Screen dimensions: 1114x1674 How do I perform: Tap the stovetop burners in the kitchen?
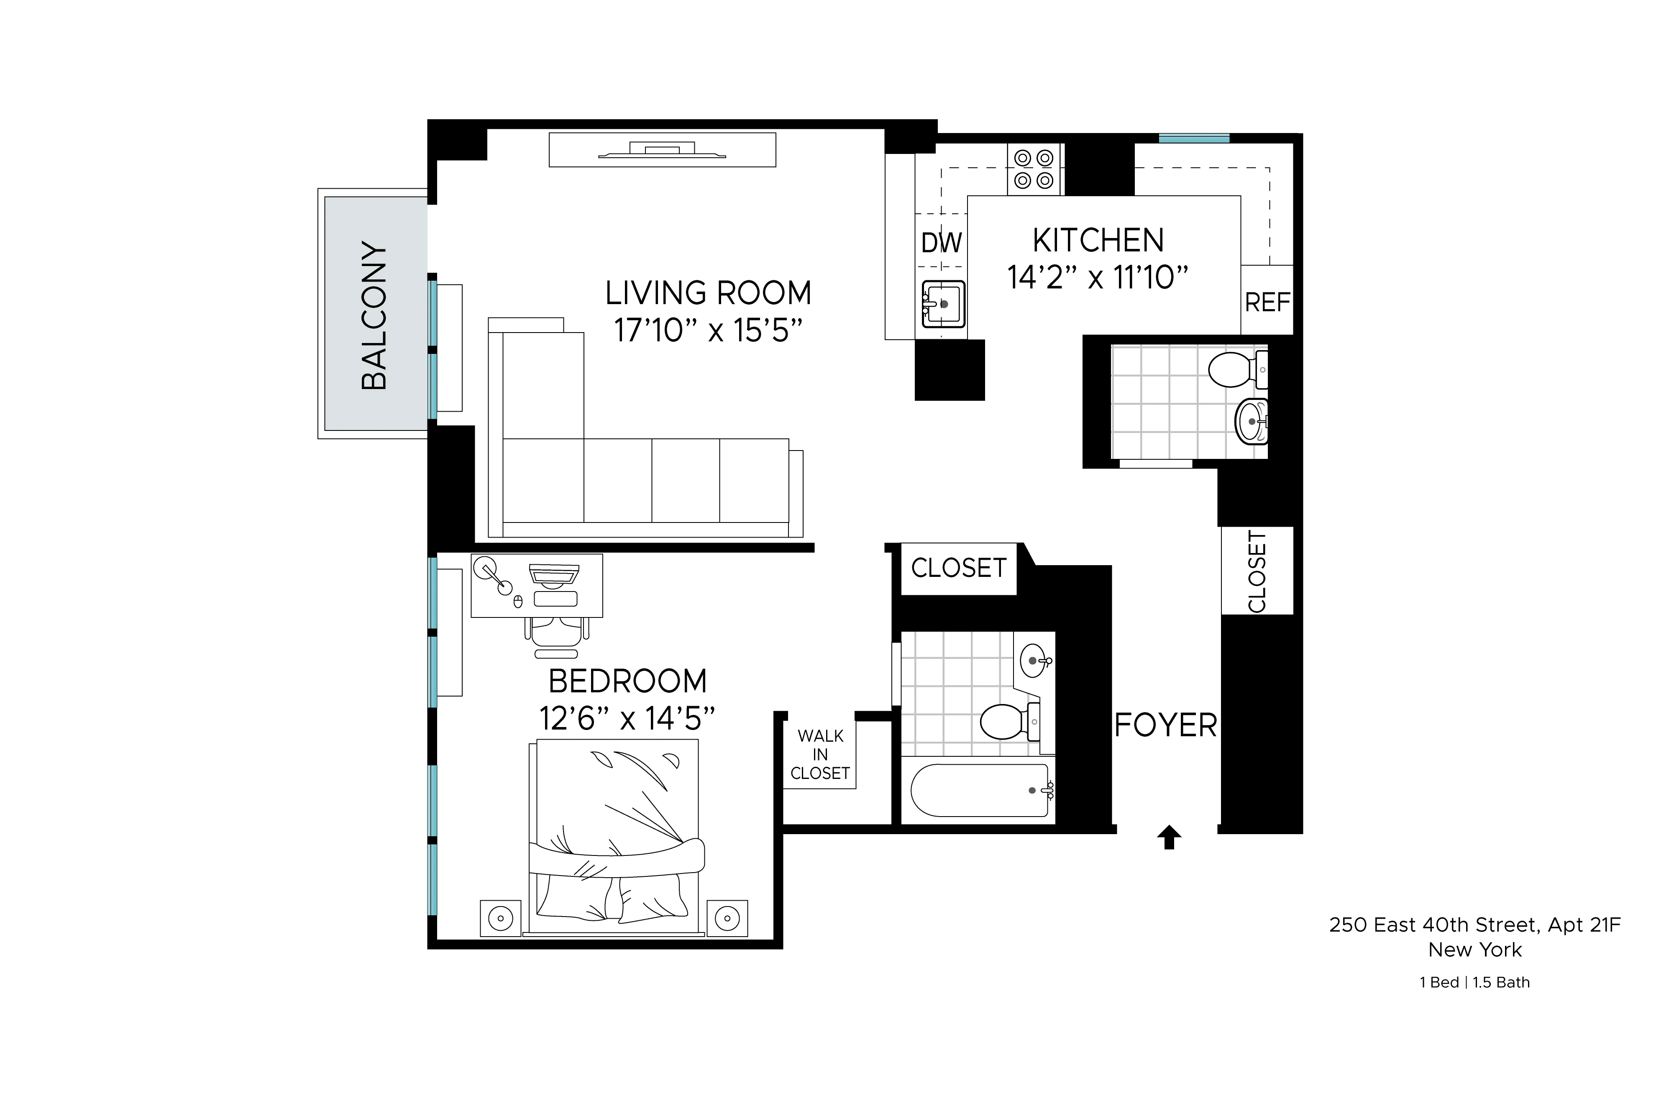click(1033, 169)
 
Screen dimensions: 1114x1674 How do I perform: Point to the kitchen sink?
click(942, 303)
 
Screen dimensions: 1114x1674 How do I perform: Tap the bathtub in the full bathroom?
click(979, 790)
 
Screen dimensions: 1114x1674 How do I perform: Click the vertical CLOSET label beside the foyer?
click(1257, 571)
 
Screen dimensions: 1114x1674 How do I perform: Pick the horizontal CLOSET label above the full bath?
click(958, 568)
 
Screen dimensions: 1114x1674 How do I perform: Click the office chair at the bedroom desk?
click(557, 635)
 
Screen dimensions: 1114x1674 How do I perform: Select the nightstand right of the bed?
click(727, 918)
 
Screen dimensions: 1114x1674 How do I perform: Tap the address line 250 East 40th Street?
click(1474, 924)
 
